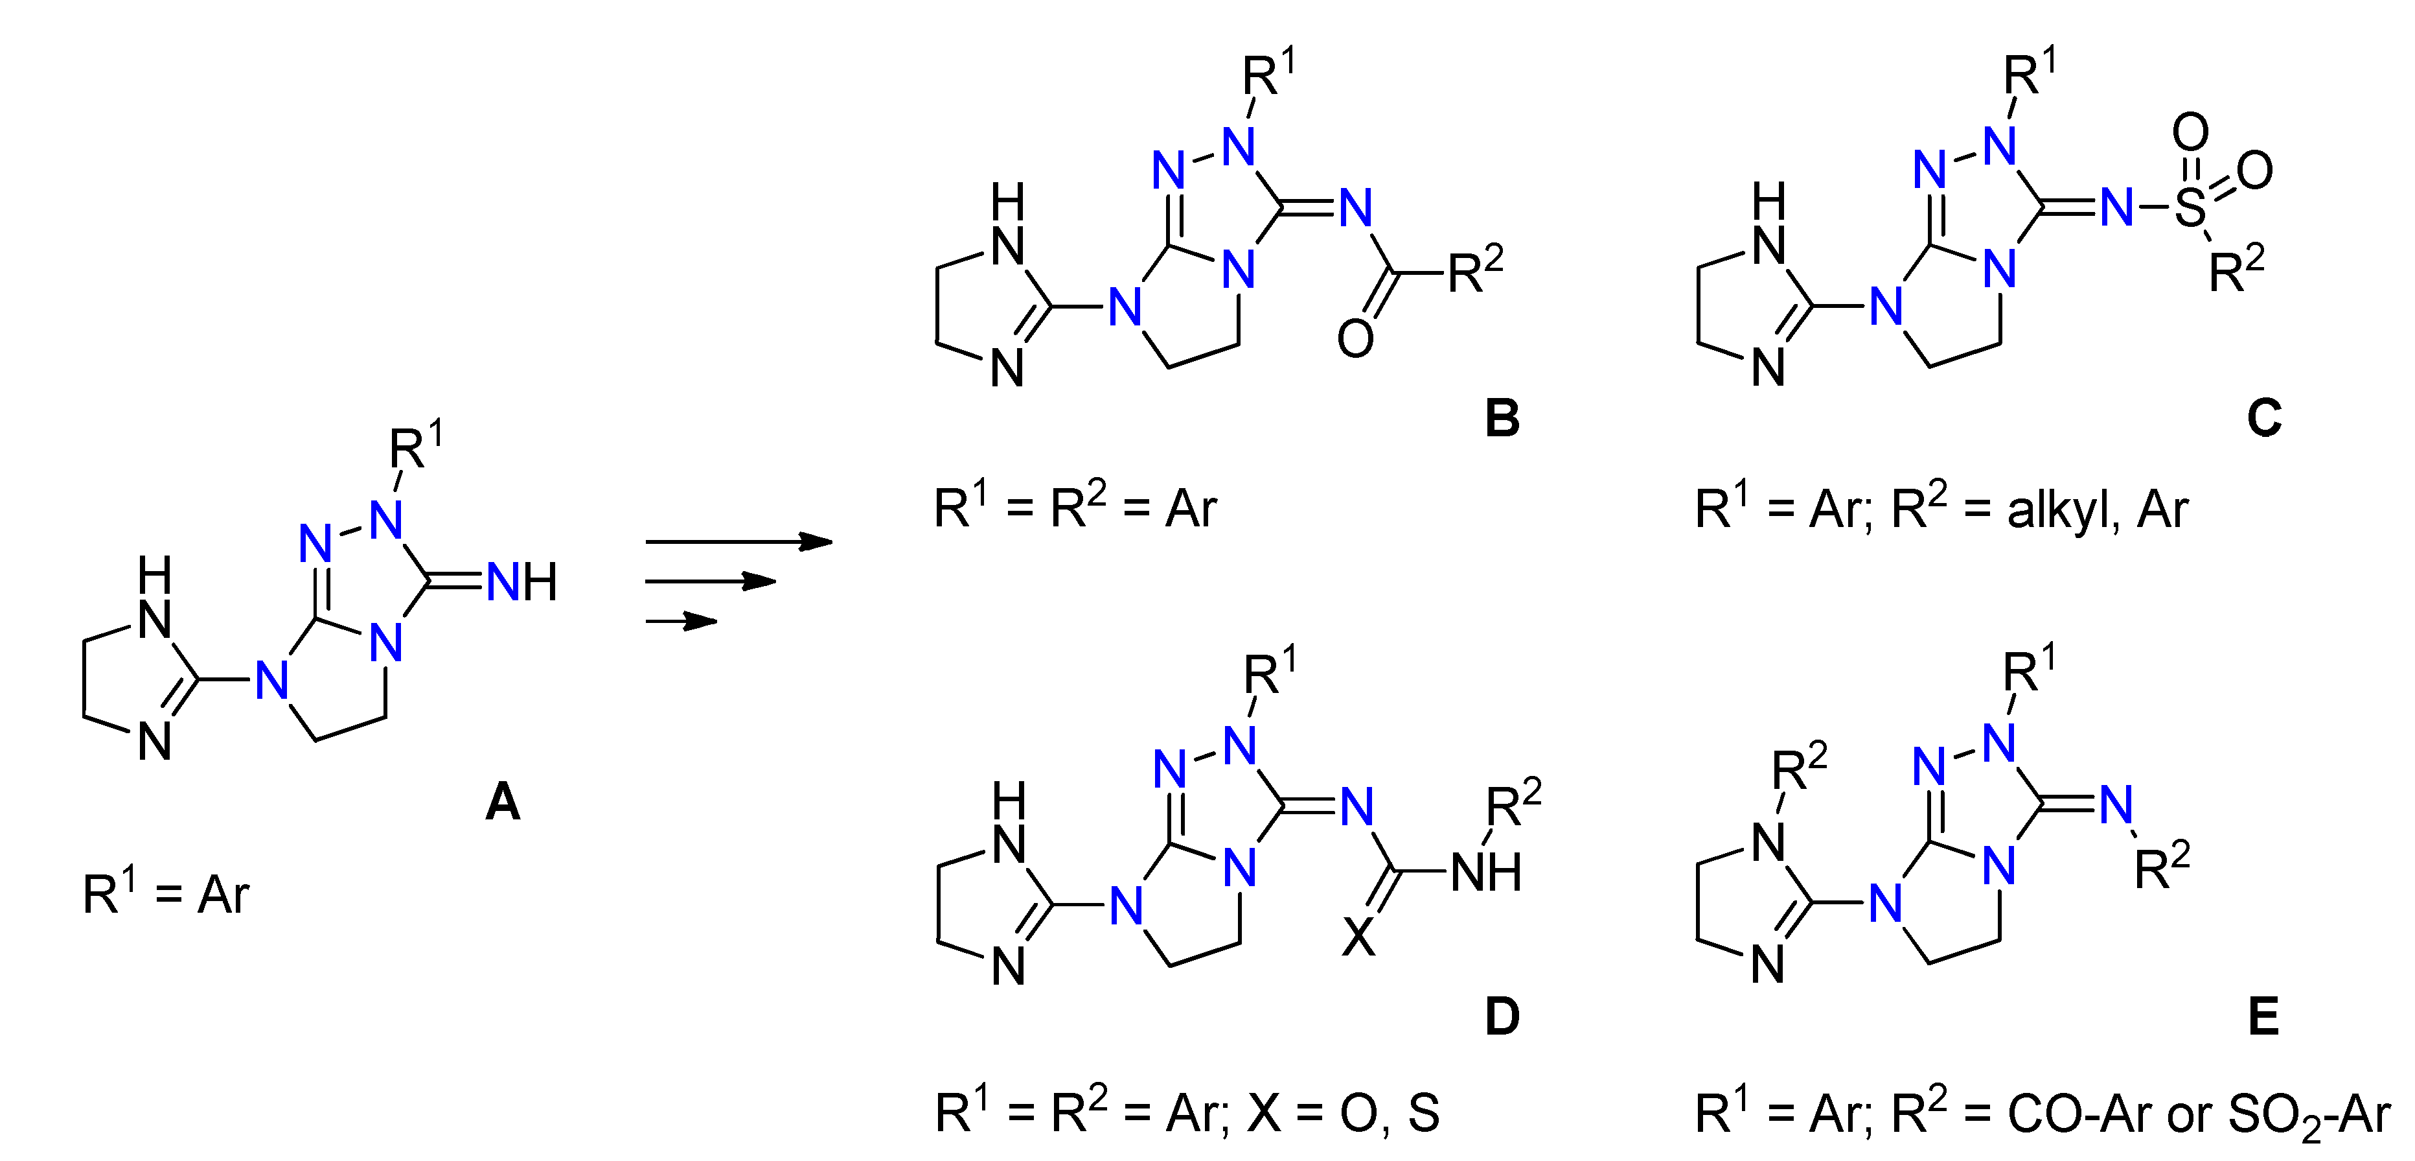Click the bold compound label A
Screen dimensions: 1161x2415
coord(503,803)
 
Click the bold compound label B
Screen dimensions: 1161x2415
coord(1502,418)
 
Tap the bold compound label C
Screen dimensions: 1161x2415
coord(2264,418)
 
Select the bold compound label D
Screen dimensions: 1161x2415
coord(1502,1016)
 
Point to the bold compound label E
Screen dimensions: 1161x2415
coord(2264,1016)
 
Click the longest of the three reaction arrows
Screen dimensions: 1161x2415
coord(738,541)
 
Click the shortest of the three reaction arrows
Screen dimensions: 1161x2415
coord(681,621)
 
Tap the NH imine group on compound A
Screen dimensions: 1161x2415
coord(522,582)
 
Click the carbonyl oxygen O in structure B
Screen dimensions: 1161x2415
coord(1356,338)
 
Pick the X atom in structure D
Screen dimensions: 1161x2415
coord(1358,937)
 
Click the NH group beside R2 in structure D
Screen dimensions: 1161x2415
coord(1486,872)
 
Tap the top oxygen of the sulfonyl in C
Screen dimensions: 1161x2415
coord(2190,132)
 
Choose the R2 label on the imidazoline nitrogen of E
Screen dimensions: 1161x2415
coord(1799,769)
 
